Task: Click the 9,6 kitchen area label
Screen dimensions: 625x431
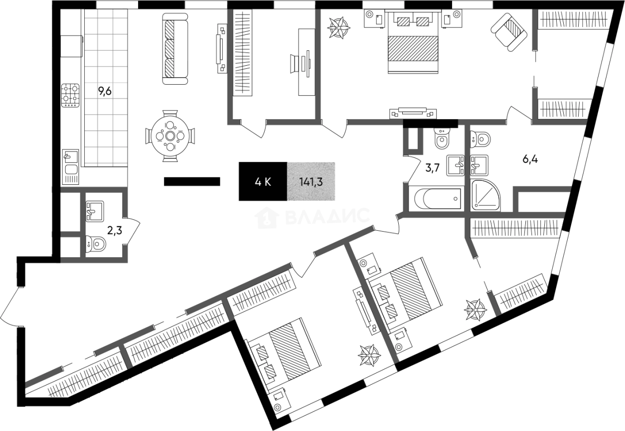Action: point(105,91)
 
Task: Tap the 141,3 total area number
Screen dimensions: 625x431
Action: point(311,182)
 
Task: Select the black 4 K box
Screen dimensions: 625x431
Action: point(263,181)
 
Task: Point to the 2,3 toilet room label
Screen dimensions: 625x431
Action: point(115,231)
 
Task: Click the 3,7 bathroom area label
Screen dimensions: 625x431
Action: point(432,168)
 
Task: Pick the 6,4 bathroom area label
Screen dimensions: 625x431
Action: point(530,159)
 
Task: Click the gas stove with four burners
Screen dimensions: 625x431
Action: point(70,95)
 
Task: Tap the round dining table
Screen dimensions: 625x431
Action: point(170,136)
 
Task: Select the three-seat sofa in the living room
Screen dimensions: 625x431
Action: point(175,48)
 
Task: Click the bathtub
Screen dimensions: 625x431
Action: point(437,199)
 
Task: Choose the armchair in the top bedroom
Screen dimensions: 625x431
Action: point(509,32)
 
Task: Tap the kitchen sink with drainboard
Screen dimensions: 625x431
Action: point(70,167)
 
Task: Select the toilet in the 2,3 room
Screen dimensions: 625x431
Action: point(96,244)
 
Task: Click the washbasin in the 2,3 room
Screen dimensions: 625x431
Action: point(95,211)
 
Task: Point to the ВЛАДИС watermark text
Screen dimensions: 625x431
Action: point(327,217)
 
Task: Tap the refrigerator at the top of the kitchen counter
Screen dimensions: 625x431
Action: point(71,46)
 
